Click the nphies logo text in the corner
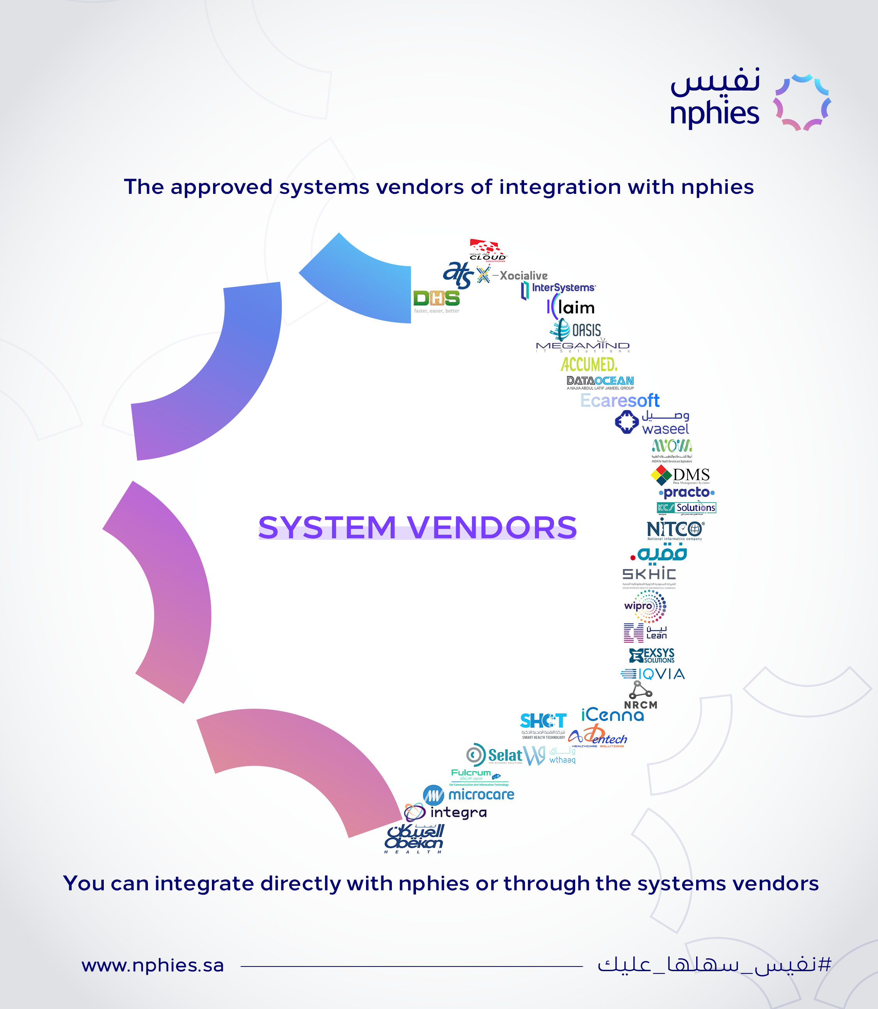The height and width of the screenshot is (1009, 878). pyautogui.click(x=714, y=113)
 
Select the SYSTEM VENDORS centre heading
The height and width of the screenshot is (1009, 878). pyautogui.click(x=418, y=528)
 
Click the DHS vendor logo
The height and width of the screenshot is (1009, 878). pyautogui.click(x=436, y=300)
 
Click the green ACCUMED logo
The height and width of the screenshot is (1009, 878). pyautogui.click(x=588, y=364)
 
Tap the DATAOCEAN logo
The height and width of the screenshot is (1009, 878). pyautogui.click(x=600, y=381)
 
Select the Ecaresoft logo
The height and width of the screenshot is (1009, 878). pyautogui.click(x=620, y=401)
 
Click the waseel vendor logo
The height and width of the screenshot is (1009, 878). pyautogui.click(x=652, y=422)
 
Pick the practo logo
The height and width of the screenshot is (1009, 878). pyautogui.click(x=686, y=492)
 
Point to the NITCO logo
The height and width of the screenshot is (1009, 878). pyautogui.click(x=675, y=530)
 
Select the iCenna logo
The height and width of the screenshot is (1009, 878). pyautogui.click(x=612, y=716)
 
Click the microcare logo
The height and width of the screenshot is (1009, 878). pyautogui.click(x=469, y=794)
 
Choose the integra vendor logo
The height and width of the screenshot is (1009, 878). pyautogui.click(x=446, y=812)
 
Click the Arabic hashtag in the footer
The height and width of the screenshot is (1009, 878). pyautogui.click(x=714, y=965)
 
